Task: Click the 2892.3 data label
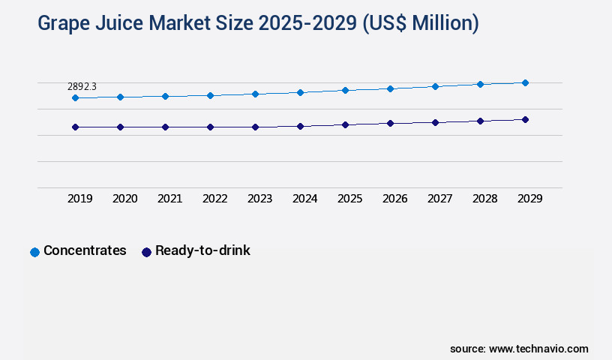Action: click(x=82, y=87)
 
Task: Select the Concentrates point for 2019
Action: click(x=75, y=98)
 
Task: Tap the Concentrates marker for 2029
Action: click(x=525, y=82)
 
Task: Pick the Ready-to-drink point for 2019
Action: click(x=75, y=127)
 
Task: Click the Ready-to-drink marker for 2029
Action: click(x=525, y=119)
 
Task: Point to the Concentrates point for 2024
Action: click(x=300, y=92)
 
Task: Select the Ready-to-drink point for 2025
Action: click(x=345, y=124)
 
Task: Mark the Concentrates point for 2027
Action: click(x=435, y=86)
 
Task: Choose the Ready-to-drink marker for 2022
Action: click(x=210, y=127)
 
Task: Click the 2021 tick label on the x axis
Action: click(x=169, y=199)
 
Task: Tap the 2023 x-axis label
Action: click(x=259, y=199)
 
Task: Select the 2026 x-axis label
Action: click(x=394, y=199)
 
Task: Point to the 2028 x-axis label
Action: click(x=484, y=199)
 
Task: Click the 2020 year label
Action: click(x=124, y=199)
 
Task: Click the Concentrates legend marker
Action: click(x=34, y=252)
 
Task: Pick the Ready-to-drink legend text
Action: click(x=202, y=251)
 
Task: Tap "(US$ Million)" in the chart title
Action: click(x=420, y=24)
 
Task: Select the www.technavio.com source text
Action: click(x=538, y=349)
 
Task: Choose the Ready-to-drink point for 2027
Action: click(x=435, y=122)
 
